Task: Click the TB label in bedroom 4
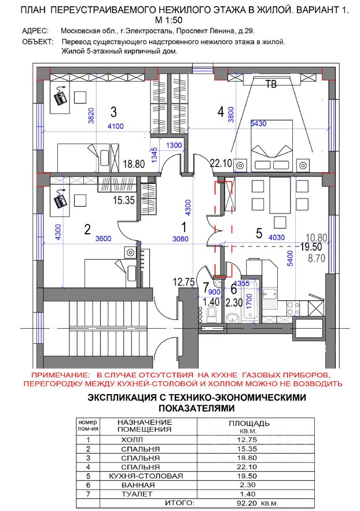coord(270,85)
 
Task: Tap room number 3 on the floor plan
coord(114,111)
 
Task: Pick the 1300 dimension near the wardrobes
coord(173,145)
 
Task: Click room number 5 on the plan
coord(259,233)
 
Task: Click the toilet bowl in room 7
coord(211,314)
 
